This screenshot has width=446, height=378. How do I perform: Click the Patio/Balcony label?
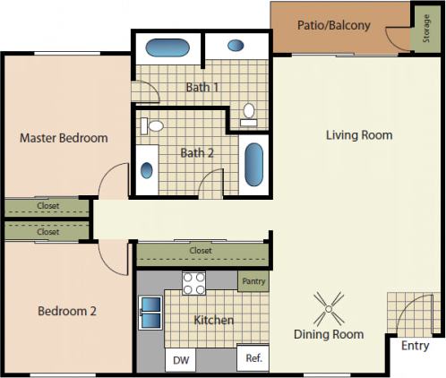(x=333, y=25)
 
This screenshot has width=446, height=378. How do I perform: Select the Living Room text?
(x=358, y=135)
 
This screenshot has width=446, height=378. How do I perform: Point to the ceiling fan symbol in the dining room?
(x=329, y=309)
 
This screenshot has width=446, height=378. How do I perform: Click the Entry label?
(x=415, y=346)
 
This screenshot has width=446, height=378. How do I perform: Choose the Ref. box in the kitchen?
(x=253, y=358)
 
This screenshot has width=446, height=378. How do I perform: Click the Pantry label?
(x=253, y=281)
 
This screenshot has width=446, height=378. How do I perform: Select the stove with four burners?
(x=194, y=284)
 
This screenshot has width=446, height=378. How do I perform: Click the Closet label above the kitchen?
(x=201, y=252)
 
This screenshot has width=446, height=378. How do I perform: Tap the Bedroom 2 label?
(x=66, y=312)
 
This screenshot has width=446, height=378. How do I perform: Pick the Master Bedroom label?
(x=64, y=138)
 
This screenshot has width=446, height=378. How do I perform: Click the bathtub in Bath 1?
(x=166, y=47)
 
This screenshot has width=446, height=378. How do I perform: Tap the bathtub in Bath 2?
(x=254, y=165)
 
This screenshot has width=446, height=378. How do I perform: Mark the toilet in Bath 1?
(x=249, y=113)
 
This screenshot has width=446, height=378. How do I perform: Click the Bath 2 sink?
(x=147, y=169)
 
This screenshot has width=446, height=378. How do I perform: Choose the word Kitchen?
(x=213, y=320)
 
